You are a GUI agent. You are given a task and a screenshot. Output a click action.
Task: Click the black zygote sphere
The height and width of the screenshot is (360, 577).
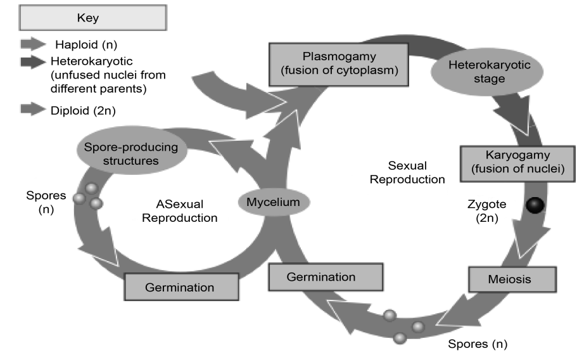(x=536, y=206)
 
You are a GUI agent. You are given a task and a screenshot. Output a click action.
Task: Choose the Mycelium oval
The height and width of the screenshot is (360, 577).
(x=274, y=202)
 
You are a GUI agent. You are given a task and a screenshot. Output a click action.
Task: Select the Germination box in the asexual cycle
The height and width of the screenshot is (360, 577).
(x=180, y=286)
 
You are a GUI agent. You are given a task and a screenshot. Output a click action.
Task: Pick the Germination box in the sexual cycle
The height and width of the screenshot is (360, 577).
(x=326, y=277)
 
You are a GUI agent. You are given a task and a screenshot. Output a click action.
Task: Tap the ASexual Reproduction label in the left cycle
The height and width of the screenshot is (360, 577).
(x=181, y=211)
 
